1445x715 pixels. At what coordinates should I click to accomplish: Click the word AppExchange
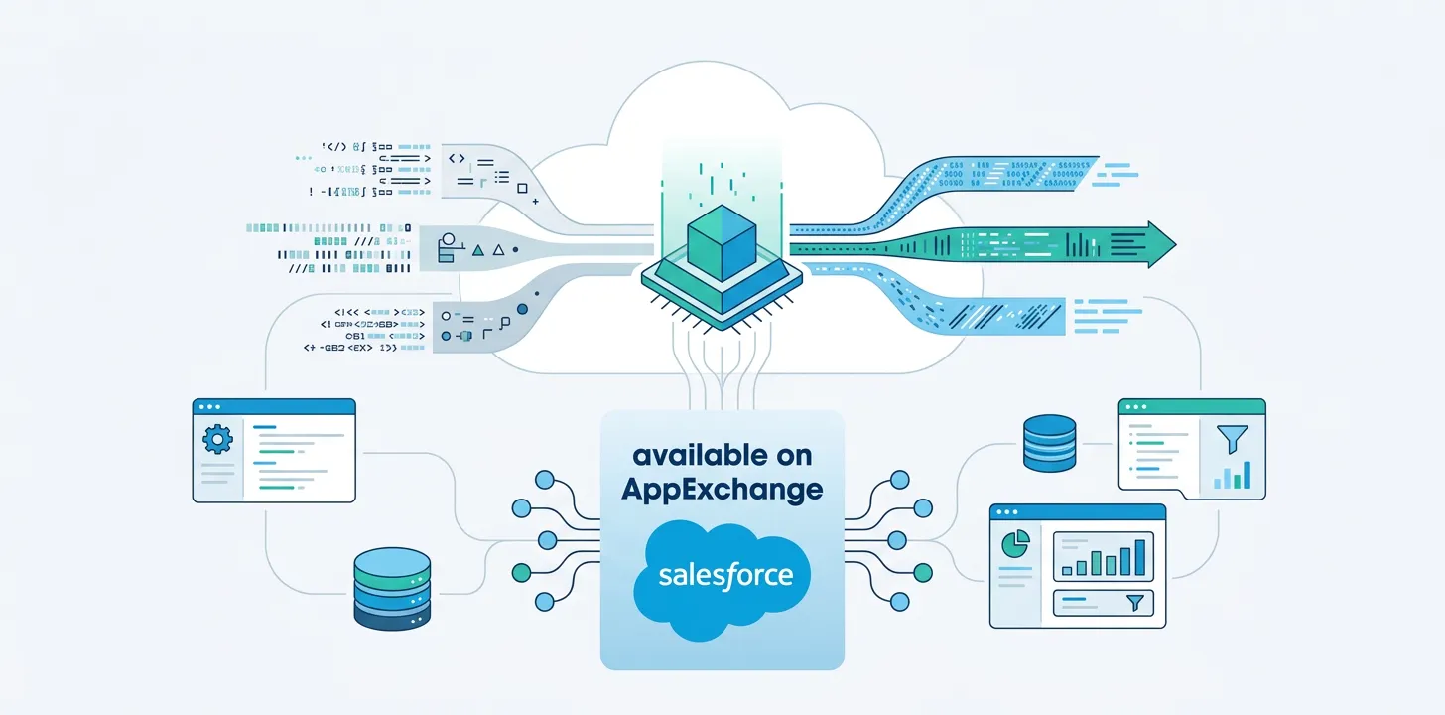[x=722, y=489]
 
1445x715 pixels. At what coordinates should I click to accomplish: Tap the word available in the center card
[x=722, y=456]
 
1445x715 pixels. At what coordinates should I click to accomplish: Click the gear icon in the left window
[x=216, y=438]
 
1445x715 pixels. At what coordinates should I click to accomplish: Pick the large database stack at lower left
[x=392, y=590]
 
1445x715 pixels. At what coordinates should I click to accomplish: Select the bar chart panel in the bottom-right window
[x=1102, y=555]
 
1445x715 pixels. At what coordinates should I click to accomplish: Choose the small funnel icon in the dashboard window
[x=1136, y=602]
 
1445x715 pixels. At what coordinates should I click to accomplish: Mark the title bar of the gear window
[x=273, y=406]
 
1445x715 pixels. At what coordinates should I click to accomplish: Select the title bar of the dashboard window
[x=1077, y=511]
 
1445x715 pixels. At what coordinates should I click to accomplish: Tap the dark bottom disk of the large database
[x=392, y=616]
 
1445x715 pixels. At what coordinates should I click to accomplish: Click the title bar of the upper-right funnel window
[x=1191, y=406]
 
